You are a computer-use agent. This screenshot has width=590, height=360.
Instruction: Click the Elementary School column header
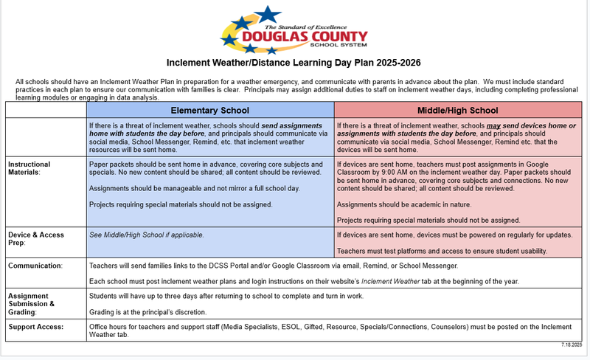(x=210, y=110)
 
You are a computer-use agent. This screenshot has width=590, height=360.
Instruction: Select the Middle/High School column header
(x=458, y=110)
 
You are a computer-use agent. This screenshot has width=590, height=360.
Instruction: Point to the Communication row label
(x=35, y=264)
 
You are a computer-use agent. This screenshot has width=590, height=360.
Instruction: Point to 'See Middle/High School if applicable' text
(x=146, y=235)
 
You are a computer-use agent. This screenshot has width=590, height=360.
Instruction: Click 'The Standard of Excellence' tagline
(x=309, y=26)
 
